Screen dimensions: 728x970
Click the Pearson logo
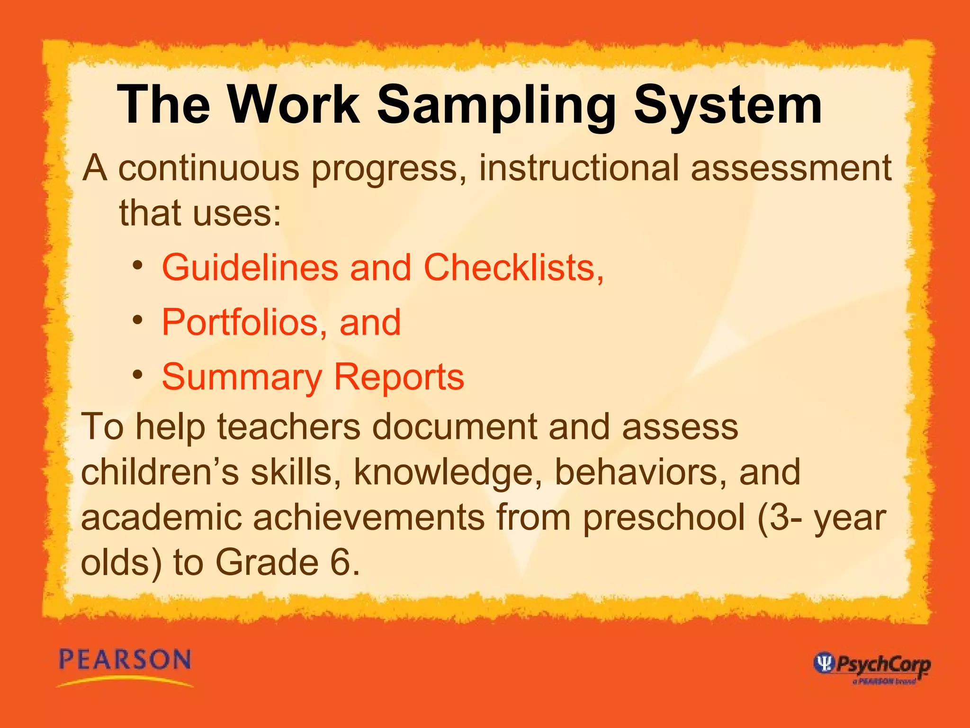[x=125, y=666]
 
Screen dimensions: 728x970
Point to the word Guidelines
[x=250, y=268]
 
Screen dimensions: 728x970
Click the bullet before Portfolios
[x=138, y=320]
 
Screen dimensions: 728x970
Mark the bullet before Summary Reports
[x=138, y=375]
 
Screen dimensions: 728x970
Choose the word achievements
[x=368, y=518]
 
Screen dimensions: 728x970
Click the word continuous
[x=208, y=168]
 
